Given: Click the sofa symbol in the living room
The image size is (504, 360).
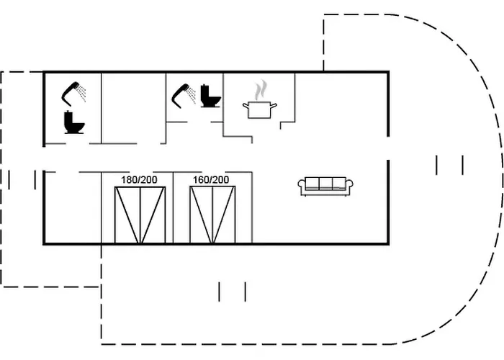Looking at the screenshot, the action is [x=325, y=186].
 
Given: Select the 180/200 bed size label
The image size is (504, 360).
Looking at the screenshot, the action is [x=140, y=179].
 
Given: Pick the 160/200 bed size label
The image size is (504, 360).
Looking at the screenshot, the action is [x=212, y=179].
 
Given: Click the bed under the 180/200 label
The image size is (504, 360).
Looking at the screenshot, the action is [x=140, y=215].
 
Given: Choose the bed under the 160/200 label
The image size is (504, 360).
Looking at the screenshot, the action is [x=212, y=215].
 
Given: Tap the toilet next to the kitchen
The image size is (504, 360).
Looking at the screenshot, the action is [x=210, y=96].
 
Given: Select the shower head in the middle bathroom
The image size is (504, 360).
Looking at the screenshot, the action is [x=181, y=92].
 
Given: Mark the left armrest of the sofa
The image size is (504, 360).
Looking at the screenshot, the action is [x=302, y=186].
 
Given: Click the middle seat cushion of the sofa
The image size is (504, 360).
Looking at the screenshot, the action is [x=325, y=184].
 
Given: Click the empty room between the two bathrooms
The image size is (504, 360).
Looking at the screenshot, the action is [x=133, y=108].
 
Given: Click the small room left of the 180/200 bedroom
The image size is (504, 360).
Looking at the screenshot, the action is [x=72, y=209].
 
